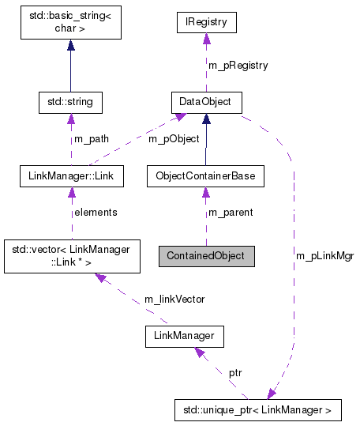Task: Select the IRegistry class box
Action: click(x=205, y=22)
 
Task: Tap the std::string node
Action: click(x=71, y=102)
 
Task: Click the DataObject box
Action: click(x=205, y=102)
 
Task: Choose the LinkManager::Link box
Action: click(x=71, y=175)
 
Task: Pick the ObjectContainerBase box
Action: click(x=205, y=175)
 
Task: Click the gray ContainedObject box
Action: click(x=206, y=257)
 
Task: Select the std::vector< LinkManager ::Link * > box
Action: click(x=71, y=256)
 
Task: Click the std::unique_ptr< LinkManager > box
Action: click(x=257, y=410)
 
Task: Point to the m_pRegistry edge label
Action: click(x=238, y=65)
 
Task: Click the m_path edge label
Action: click(x=91, y=139)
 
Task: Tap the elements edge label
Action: click(x=95, y=212)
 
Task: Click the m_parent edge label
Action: click(x=230, y=212)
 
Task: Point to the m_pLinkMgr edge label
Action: click(x=323, y=257)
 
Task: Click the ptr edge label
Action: click(x=235, y=371)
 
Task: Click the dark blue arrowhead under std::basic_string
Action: click(x=71, y=46)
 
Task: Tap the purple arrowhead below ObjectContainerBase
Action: click(x=205, y=192)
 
